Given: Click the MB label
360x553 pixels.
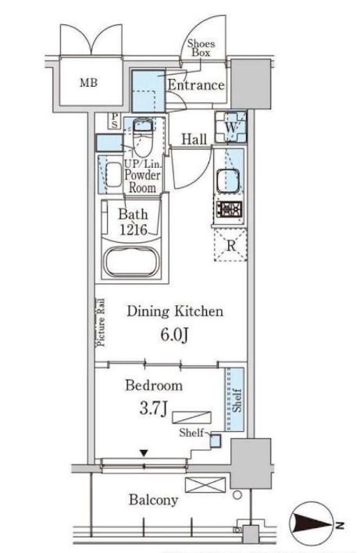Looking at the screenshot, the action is pyautogui.click(x=88, y=83).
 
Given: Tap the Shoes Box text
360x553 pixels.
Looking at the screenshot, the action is pyautogui.click(x=201, y=48).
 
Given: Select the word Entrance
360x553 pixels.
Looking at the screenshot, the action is pyautogui.click(x=196, y=85).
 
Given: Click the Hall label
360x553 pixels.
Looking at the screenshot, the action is pyautogui.click(x=194, y=139).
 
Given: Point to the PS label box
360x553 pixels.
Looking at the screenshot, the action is pyautogui.click(x=115, y=121).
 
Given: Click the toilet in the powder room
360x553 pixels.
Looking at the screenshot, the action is pyautogui.click(x=143, y=137).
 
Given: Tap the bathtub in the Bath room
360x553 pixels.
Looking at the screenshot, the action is pyautogui.click(x=132, y=262).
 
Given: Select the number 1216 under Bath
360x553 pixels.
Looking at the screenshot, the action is pyautogui.click(x=134, y=230).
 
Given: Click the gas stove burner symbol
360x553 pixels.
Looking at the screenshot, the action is pyautogui.click(x=229, y=210).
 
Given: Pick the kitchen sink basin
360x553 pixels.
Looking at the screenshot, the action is pyautogui.click(x=228, y=181).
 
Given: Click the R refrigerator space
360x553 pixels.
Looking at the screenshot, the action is pyautogui.click(x=230, y=245).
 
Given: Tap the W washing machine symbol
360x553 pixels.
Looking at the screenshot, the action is pyautogui.click(x=230, y=127).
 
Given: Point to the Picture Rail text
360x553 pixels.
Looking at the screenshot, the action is pyautogui.click(x=101, y=323).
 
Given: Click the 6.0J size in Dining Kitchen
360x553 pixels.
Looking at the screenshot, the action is pyautogui.click(x=174, y=335).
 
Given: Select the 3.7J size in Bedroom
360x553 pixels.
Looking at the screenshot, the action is pyautogui.click(x=153, y=409).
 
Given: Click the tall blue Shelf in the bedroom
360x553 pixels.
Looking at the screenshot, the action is pyautogui.click(x=234, y=400).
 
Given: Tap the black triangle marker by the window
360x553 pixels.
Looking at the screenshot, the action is pyautogui.click(x=144, y=453).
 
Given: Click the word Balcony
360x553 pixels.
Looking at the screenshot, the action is pyautogui.click(x=153, y=500).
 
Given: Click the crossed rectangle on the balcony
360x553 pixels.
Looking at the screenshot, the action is pyautogui.click(x=205, y=485).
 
